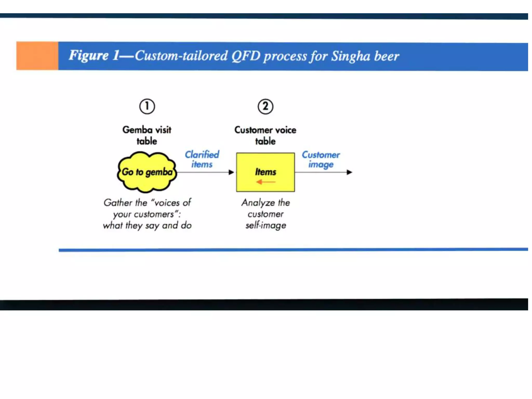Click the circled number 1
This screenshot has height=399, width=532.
tap(147, 107)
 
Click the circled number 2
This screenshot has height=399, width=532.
tap(265, 107)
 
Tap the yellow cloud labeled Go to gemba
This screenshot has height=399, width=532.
tap(147, 172)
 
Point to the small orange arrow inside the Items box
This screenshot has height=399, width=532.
tap(265, 182)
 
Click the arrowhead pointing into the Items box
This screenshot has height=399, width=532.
tap(231, 172)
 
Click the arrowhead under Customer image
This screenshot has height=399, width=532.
tap(349, 172)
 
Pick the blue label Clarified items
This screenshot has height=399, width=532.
tap(202, 159)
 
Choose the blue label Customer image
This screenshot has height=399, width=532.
tap(321, 159)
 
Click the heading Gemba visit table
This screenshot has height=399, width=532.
tap(147, 135)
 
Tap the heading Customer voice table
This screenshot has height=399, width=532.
tap(265, 135)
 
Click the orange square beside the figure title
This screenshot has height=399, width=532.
tap(37, 56)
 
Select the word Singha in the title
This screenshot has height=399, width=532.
tap(350, 56)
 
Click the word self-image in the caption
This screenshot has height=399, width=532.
tap(266, 225)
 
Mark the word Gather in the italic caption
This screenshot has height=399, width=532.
tap(118, 203)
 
